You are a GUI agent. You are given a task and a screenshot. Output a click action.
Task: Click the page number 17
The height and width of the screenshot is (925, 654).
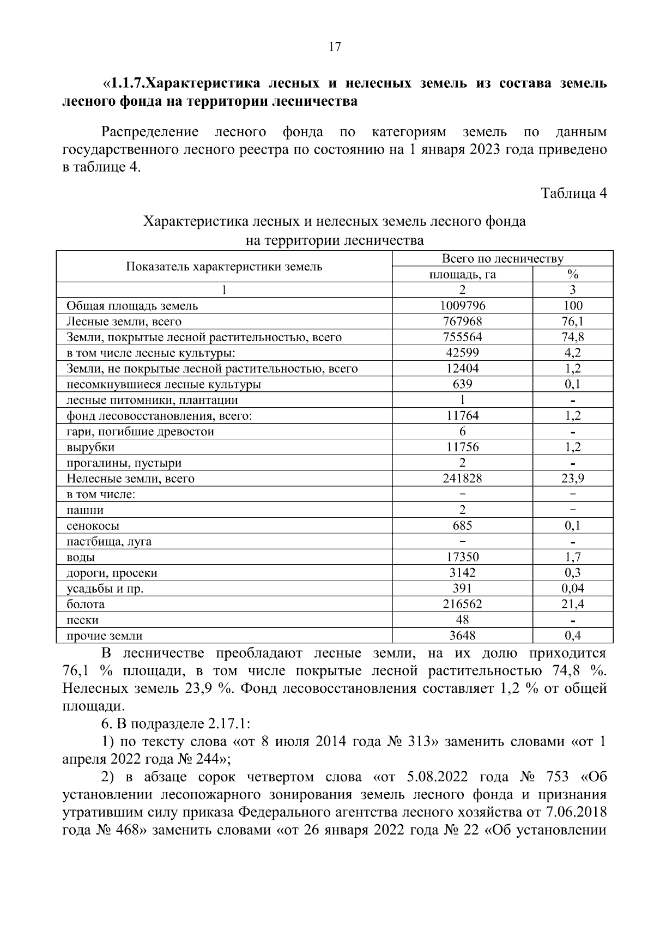(335, 47)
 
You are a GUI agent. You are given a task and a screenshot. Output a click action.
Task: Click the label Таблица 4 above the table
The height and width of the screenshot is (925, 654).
(573, 194)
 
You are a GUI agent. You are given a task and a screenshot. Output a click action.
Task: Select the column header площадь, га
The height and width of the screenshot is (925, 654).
(462, 274)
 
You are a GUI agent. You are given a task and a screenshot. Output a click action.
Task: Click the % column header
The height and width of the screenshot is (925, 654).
(572, 274)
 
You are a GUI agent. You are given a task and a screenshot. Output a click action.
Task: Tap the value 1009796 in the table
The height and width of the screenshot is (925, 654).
(462, 306)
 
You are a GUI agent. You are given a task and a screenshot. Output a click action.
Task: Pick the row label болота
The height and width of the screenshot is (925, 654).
(86, 604)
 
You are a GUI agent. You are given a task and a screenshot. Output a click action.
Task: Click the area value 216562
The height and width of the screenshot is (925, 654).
(462, 604)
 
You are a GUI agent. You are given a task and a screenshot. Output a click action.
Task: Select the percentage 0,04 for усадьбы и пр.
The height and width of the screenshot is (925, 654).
(572, 588)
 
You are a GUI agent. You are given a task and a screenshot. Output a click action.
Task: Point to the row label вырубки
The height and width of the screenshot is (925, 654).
(90, 448)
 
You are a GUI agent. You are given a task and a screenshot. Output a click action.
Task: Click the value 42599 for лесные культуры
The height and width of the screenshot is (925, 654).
(462, 353)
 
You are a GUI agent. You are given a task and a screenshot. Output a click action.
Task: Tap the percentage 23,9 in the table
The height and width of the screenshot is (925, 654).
(572, 479)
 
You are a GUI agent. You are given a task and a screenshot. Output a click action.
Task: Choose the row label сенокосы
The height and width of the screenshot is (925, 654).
(93, 526)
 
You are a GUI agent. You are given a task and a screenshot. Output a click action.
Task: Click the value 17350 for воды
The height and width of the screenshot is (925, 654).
(462, 557)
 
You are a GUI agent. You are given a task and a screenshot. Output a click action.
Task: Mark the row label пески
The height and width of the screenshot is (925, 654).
(82, 620)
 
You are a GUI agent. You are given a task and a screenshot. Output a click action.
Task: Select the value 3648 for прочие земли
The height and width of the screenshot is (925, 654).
(462, 636)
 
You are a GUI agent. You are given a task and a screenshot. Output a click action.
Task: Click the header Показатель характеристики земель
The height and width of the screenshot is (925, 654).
(224, 267)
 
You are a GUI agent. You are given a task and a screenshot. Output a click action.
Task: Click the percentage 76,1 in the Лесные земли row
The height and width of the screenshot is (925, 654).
(572, 322)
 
